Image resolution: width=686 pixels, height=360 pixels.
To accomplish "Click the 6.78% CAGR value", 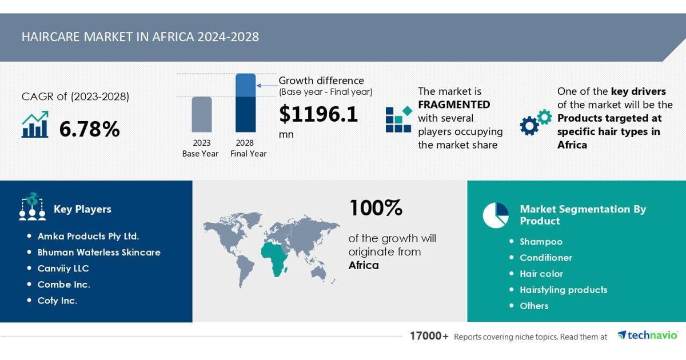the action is pos(89,129).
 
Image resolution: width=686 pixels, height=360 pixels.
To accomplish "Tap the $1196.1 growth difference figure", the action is pos(318,114).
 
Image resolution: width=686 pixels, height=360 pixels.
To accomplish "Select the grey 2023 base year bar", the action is pos(201,114).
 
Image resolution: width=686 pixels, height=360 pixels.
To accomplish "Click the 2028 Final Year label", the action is pos(248,148).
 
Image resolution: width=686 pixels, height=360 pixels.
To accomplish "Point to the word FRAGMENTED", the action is pos(454,105).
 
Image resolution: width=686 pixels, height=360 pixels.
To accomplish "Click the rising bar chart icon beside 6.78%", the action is pos(35,124).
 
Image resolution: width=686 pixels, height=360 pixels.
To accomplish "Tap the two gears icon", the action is pos(536,122).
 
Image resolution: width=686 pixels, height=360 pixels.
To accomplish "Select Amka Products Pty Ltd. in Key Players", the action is pos(88,237).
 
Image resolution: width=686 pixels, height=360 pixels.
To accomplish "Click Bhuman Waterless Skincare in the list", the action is pos(99,252).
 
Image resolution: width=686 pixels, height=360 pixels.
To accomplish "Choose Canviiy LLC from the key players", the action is pos(63,269).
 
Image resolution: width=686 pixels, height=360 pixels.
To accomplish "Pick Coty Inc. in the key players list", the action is pos(57,301).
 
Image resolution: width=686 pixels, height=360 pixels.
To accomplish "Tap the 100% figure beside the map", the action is pos(376,208).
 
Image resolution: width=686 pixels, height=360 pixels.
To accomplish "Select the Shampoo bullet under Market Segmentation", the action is pos(541,242).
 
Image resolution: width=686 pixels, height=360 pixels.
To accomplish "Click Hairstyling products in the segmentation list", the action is pos(564,290).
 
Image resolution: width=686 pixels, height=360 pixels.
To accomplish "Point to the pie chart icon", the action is pos(496,215).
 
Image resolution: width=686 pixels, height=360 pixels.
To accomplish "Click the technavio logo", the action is pos(647,335).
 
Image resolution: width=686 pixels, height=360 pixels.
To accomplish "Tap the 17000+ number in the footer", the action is pos(429,336).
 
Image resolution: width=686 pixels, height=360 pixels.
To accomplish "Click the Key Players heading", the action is pos(82,209).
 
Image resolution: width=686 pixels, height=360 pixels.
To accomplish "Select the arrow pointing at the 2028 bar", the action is pos(267,85).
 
